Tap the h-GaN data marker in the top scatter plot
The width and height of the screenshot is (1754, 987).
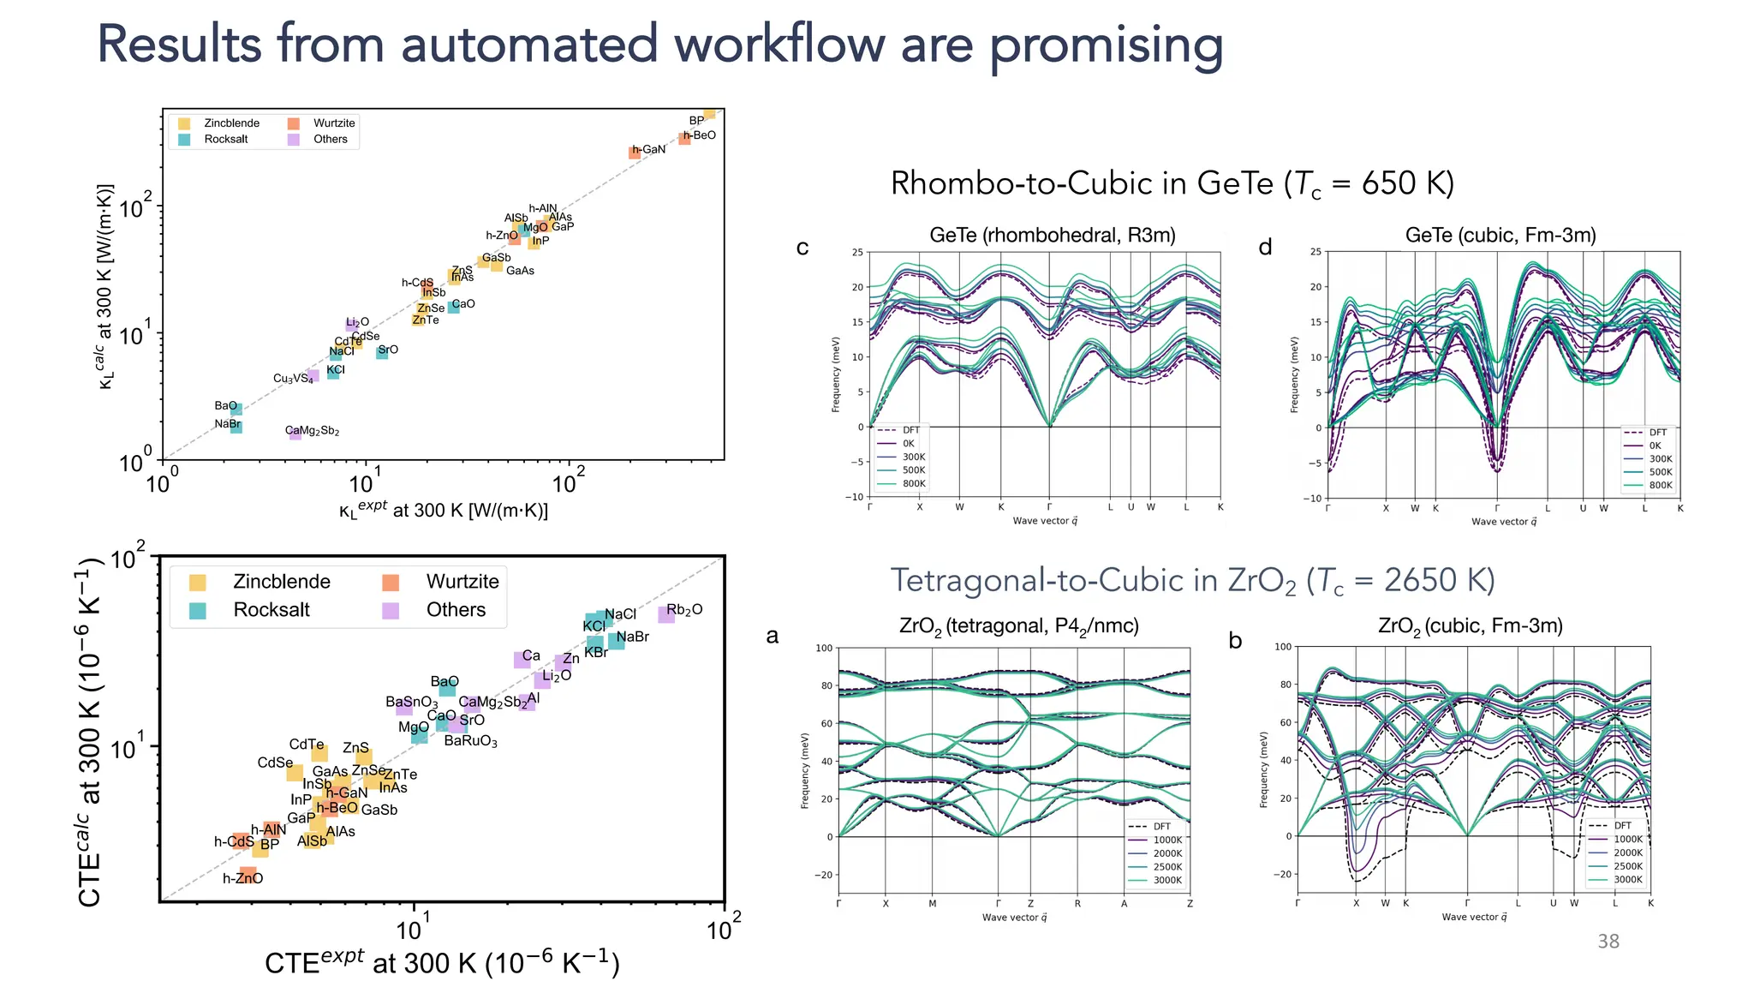[635, 153]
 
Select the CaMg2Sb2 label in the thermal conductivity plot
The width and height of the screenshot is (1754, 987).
[313, 431]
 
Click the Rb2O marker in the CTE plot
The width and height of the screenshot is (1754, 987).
[666, 614]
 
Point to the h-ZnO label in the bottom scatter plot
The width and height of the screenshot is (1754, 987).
[242, 878]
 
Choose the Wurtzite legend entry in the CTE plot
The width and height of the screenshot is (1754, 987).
[462, 582]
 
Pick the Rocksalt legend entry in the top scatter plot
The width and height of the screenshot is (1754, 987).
[225, 139]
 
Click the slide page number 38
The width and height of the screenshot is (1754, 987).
[1608, 942]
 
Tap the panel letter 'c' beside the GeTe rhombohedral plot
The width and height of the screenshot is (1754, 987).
[802, 248]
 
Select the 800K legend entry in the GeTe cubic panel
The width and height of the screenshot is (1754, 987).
[1661, 485]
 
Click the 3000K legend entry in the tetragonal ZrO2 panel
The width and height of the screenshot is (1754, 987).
[1166, 880]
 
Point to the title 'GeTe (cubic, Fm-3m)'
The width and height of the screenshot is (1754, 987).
[1500, 236]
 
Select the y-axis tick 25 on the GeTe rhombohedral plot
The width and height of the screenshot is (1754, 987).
[857, 252]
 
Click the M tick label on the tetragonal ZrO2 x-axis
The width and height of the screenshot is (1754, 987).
[933, 903]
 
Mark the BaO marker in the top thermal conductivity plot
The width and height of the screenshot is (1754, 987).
[236, 410]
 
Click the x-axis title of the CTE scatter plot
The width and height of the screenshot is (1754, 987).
[442, 962]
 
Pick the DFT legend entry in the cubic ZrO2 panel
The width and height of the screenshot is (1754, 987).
[1622, 826]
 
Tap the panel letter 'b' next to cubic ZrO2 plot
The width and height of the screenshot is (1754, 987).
[1235, 640]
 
